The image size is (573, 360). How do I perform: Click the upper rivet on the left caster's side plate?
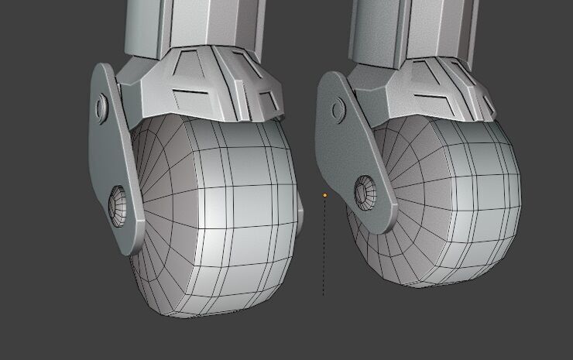102,106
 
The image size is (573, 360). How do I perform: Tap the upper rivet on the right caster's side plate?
338,109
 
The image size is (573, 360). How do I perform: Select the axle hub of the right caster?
364,190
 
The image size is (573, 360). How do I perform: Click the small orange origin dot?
325,196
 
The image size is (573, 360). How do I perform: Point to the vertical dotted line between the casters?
324,248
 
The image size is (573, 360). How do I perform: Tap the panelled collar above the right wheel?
426,89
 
